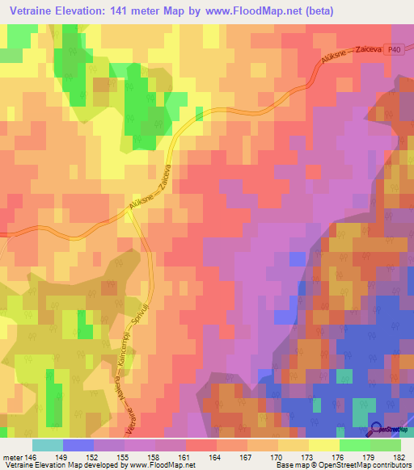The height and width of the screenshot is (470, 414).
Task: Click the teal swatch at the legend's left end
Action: click(x=47, y=445)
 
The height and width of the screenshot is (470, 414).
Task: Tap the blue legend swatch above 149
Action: click(x=78, y=445)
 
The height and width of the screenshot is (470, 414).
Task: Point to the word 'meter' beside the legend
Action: click(x=11, y=456)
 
